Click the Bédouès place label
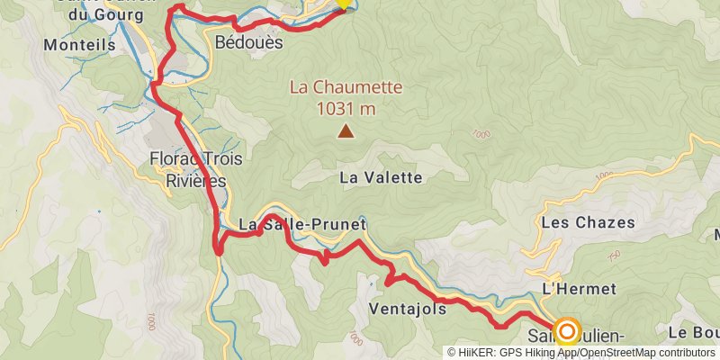(249, 42)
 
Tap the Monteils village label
(78, 42)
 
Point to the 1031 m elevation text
(346, 109)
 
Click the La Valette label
(381, 178)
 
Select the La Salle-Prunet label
(303, 223)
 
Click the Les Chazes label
(589, 222)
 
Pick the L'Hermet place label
(579, 289)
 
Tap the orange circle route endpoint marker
(567, 332)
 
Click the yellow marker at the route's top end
(343, 4)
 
